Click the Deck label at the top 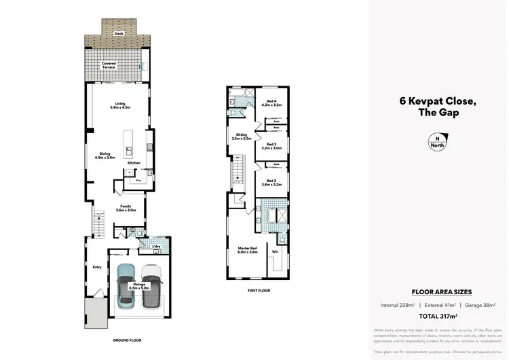click(118, 32)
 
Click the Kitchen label click(133, 162)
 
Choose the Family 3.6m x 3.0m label click(126, 208)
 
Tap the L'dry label click(156, 247)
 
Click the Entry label click(97, 267)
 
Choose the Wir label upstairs click(275, 251)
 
